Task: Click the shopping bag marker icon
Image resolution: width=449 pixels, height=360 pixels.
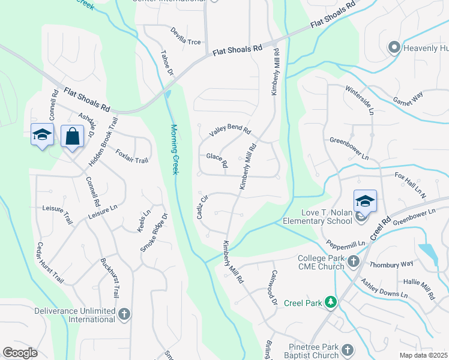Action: [x=72, y=137]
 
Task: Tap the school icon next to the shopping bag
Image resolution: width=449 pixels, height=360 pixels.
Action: [x=42, y=136]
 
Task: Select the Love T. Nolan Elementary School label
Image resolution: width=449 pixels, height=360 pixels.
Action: [x=318, y=217]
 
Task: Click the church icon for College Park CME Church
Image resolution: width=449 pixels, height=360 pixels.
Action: [x=354, y=261]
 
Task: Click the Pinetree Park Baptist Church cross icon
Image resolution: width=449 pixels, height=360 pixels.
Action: [x=348, y=350]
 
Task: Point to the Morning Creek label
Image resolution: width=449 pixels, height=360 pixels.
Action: [x=175, y=149]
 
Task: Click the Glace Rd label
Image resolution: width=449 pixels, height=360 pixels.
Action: [x=217, y=160]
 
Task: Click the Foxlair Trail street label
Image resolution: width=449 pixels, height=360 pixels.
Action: [x=131, y=156]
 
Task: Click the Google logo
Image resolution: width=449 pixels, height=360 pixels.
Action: [x=20, y=352]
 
